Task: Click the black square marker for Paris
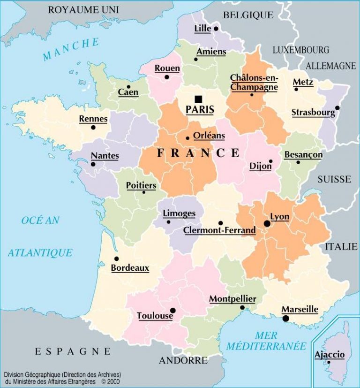click(199, 99)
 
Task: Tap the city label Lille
click(202, 29)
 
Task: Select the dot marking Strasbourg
click(337, 107)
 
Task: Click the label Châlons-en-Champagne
click(254, 82)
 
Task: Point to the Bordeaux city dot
click(116, 259)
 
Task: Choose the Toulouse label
click(155, 316)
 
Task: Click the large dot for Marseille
click(285, 319)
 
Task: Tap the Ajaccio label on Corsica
click(330, 354)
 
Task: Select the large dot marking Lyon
click(267, 224)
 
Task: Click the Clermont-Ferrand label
click(219, 230)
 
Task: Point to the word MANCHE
click(71, 50)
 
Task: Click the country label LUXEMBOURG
click(301, 50)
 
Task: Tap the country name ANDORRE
click(183, 360)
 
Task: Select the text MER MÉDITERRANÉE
click(266, 341)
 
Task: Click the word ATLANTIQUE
click(40, 252)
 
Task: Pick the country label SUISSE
click(334, 179)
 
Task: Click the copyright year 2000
click(112, 382)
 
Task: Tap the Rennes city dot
click(93, 127)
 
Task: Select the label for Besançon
click(303, 154)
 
